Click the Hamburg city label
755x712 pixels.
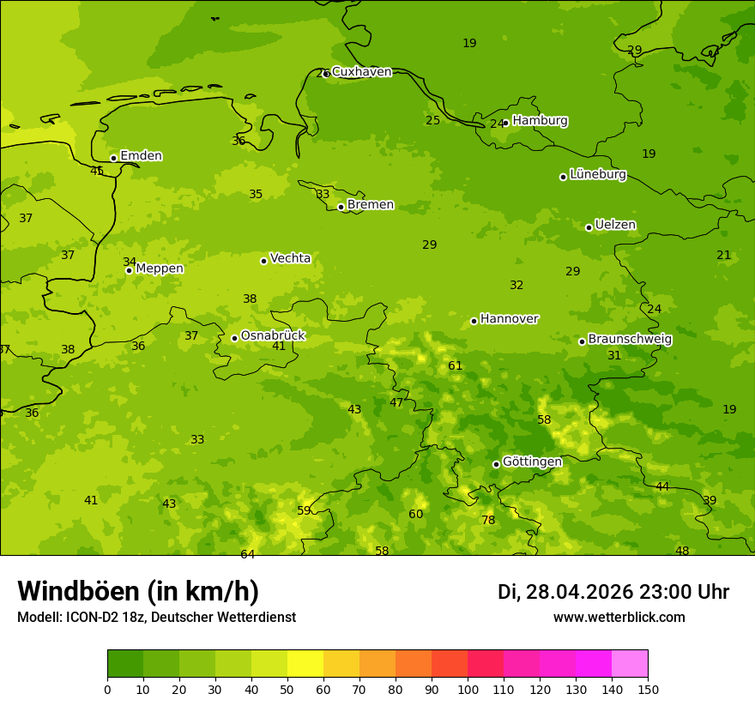tap(540, 121)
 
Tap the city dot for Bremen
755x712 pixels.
tap(341, 207)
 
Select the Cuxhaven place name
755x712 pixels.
tap(361, 72)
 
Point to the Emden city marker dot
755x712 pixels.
tap(113, 158)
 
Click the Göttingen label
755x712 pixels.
tap(532, 462)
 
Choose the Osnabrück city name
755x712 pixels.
tap(273, 335)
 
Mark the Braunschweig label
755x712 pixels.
tap(630, 339)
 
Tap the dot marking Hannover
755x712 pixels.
tap(474, 321)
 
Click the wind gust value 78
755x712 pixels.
tap(488, 520)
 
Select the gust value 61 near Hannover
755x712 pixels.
tap(455, 365)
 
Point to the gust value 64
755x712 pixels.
tap(247, 554)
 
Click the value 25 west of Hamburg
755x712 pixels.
tap(432, 120)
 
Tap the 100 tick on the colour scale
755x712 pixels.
tap(468, 689)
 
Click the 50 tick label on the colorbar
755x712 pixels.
tap(287, 689)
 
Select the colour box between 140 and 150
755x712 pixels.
tap(630, 663)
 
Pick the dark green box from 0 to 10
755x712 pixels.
tap(125, 663)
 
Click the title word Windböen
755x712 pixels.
tap(78, 591)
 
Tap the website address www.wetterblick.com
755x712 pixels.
tap(619, 617)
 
